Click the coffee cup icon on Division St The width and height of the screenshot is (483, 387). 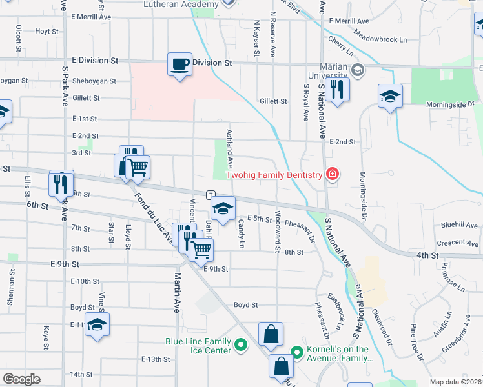pyautogui.click(x=180, y=64)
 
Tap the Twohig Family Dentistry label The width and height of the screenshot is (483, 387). pyautogui.click(x=274, y=175)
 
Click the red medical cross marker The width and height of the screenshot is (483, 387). pyautogui.click(x=332, y=174)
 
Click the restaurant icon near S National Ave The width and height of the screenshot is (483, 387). pyautogui.click(x=336, y=89)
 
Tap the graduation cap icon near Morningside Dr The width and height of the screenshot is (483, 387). pyautogui.click(x=390, y=97)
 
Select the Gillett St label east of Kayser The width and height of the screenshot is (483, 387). pyautogui.click(x=273, y=101)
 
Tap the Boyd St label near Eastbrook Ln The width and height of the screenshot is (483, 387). pyautogui.click(x=245, y=304)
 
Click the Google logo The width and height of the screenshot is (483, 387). pyautogui.click(x=21, y=379)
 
